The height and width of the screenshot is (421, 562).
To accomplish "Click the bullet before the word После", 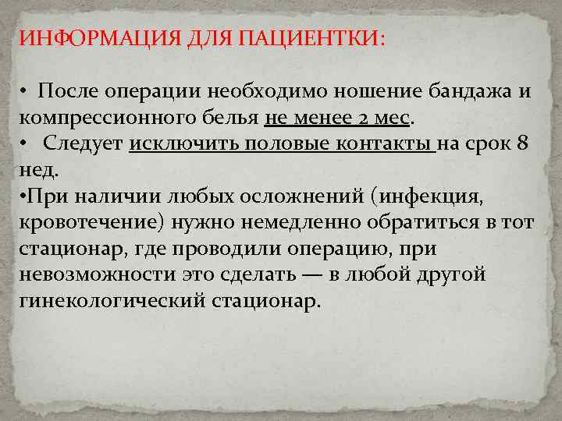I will click(x=25, y=92).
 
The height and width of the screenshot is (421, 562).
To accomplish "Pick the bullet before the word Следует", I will click(x=25, y=145).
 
